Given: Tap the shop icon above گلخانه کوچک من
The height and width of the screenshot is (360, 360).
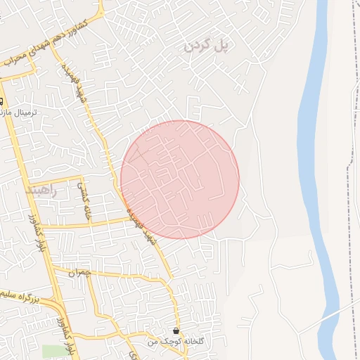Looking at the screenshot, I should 175,330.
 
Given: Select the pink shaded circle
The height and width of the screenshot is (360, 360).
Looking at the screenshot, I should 180,179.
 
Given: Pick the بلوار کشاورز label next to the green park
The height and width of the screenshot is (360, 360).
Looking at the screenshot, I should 66,334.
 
